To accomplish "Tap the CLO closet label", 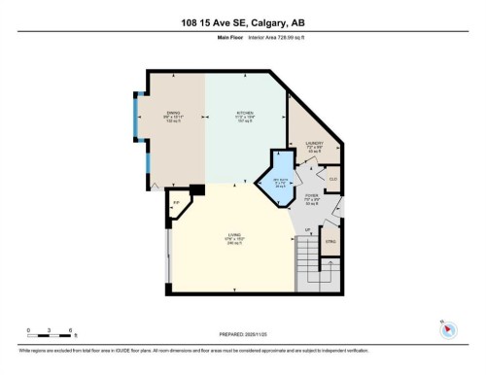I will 332,179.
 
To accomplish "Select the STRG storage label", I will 330,242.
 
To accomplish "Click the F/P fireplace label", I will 176,205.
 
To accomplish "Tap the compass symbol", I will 448,330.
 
